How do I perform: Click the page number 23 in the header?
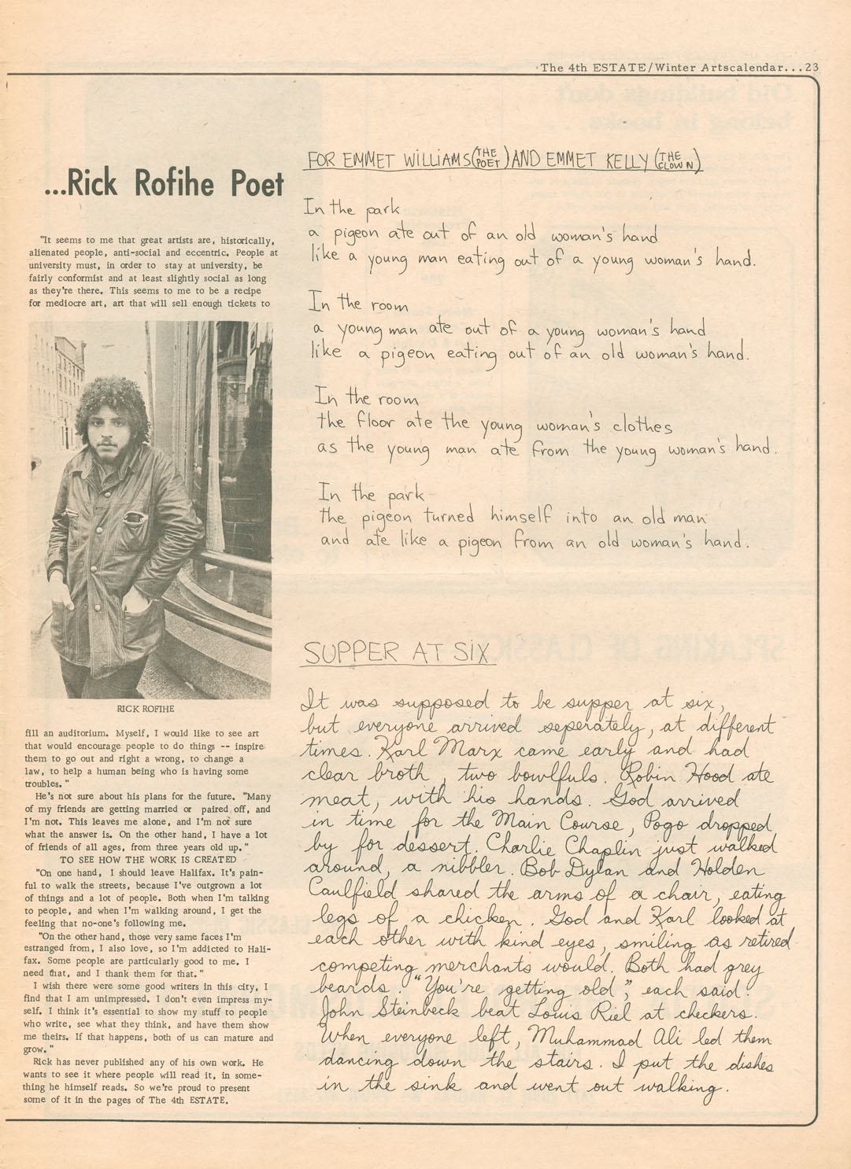[812, 68]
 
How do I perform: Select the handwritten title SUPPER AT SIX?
[398, 652]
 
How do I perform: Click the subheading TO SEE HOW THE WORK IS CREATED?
[148, 860]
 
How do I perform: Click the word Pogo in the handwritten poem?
[670, 823]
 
